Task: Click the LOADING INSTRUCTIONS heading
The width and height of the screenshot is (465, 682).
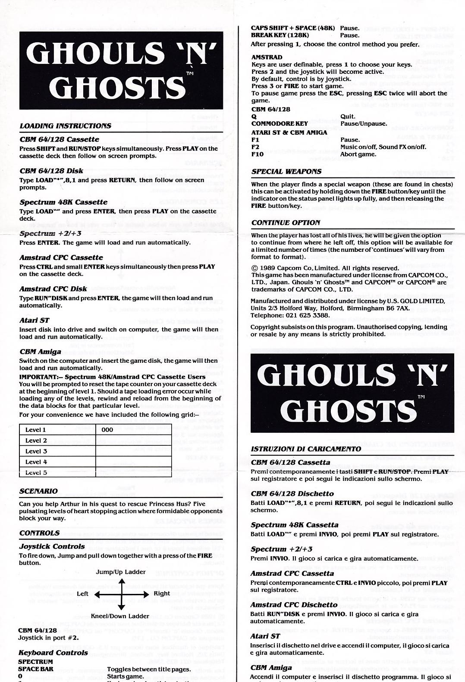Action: click(65, 126)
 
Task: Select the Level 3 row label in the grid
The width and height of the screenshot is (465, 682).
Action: click(36, 451)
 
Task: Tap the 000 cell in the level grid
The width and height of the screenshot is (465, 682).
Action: click(107, 430)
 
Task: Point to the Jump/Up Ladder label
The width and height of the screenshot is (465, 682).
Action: click(121, 572)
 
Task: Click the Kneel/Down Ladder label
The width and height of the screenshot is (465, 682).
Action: click(120, 616)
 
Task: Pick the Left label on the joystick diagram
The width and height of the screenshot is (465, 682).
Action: click(82, 594)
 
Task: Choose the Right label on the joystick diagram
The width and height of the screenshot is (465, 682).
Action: click(162, 593)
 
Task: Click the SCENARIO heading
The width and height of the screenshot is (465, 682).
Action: click(38, 491)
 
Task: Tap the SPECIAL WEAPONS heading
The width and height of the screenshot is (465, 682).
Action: click(286, 171)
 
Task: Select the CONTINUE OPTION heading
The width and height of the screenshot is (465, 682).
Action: click(286, 223)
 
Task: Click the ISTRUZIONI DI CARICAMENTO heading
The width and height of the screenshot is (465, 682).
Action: click(306, 449)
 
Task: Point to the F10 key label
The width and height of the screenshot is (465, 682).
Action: click(258, 154)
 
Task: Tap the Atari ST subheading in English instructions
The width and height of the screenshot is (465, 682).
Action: click(34, 320)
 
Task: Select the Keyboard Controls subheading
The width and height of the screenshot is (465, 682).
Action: click(53, 653)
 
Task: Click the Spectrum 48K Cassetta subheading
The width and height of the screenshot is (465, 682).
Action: click(295, 525)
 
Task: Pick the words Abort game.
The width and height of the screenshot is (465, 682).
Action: click(358, 154)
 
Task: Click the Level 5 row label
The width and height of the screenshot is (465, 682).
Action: click(36, 472)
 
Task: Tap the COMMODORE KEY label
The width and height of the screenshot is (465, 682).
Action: click(280, 124)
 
